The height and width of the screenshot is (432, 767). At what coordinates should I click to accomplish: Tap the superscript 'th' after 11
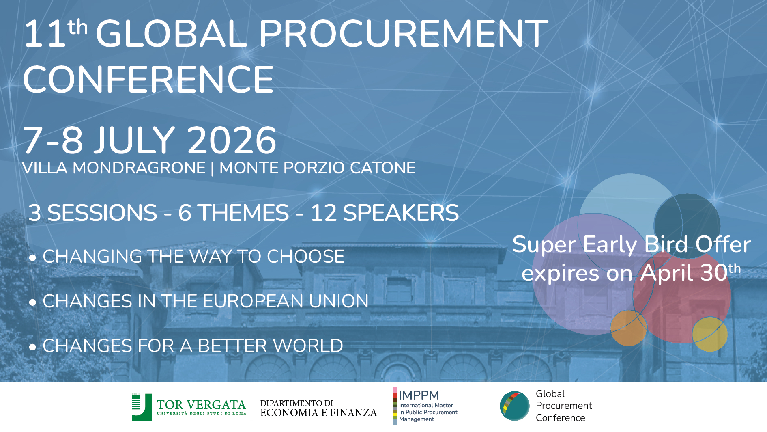tap(77, 27)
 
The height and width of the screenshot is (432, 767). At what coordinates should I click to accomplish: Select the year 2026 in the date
tap(232, 140)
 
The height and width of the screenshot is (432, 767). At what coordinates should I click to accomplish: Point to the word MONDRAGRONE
tap(139, 168)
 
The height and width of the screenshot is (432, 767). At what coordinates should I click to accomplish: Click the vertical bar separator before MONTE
tap(213, 168)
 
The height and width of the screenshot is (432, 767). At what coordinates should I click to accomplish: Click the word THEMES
tap(243, 213)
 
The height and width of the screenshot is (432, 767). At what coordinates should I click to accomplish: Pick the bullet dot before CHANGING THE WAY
tap(33, 258)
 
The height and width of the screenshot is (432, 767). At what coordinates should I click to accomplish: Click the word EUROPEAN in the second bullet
tap(253, 301)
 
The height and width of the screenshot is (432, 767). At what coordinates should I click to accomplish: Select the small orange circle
tap(628, 328)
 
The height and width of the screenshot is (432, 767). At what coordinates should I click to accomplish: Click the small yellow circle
tap(710, 334)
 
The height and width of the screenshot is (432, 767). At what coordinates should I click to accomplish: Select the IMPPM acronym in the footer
tap(419, 395)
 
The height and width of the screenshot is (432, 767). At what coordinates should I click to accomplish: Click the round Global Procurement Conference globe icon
tap(515, 406)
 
